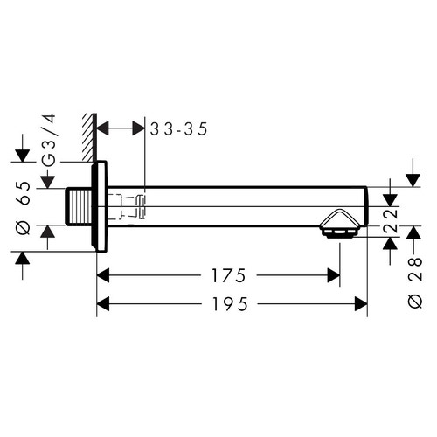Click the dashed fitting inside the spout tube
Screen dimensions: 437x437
[x=131, y=206]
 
